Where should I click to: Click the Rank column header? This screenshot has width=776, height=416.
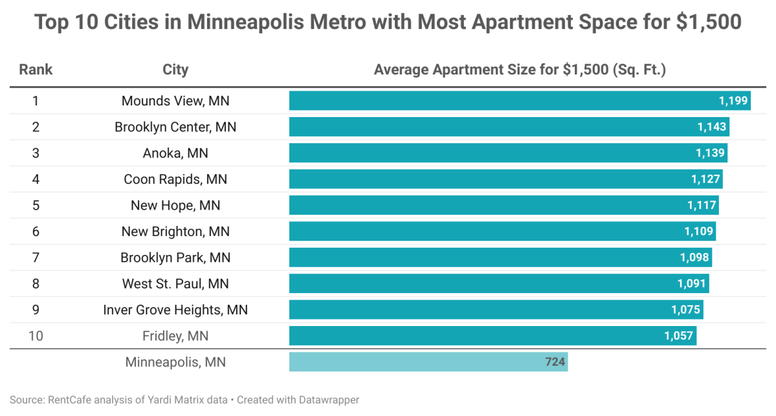[x=36, y=70]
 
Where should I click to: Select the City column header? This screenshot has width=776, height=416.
[x=175, y=70]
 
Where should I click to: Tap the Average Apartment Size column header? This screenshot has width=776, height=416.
[x=520, y=70]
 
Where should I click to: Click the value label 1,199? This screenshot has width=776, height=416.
[x=733, y=101]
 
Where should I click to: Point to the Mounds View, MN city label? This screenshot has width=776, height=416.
[x=175, y=101]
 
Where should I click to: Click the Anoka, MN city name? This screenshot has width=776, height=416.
[x=175, y=153]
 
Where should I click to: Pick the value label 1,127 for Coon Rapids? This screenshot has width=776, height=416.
[x=705, y=179]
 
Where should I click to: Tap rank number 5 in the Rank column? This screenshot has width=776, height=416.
[x=36, y=206]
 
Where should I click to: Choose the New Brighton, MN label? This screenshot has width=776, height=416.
[x=175, y=232]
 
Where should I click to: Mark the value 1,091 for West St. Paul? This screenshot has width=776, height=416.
[x=692, y=284]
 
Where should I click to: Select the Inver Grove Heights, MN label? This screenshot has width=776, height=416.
[x=175, y=310]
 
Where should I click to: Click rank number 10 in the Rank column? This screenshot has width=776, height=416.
[x=36, y=336]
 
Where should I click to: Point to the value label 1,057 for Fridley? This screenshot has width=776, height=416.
[x=678, y=336]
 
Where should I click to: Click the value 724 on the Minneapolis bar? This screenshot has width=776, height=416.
[x=555, y=362]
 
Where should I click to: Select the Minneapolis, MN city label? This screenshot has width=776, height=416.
[x=175, y=362]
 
